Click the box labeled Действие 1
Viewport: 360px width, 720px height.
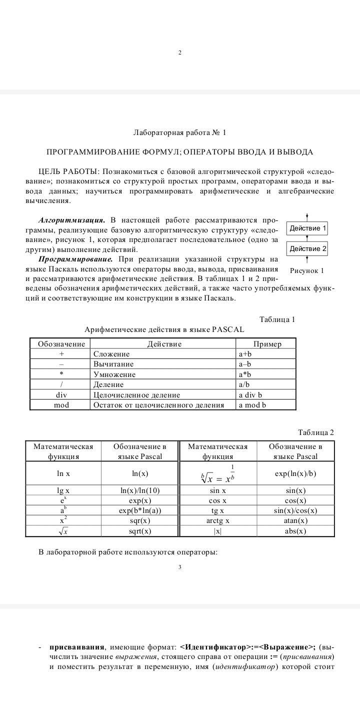[307, 228]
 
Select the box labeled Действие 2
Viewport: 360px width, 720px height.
[307, 248]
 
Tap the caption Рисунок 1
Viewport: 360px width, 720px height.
[307, 270]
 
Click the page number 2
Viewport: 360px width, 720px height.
[179, 53]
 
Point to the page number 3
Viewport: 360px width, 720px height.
[179, 567]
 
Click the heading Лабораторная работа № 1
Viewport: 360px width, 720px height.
[179, 132]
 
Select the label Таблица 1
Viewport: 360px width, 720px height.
[277, 319]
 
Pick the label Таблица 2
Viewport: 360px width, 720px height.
[315, 432]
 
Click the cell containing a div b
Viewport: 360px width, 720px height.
[250, 394]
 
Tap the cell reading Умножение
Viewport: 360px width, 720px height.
[114, 374]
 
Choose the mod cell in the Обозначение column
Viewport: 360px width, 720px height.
[61, 404]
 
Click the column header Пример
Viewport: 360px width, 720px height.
[267, 344]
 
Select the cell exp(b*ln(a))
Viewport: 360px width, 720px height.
[140, 510]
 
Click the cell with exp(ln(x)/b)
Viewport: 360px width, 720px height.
[295, 473]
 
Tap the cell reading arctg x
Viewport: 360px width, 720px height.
[217, 520]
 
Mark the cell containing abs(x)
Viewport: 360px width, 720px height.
[295, 531]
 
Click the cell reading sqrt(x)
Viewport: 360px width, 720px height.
[139, 531]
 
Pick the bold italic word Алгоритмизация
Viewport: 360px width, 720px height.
[71, 220]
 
